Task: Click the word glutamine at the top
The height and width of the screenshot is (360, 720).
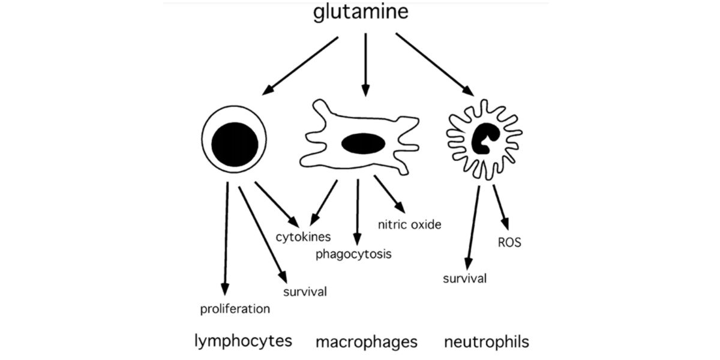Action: (361, 13)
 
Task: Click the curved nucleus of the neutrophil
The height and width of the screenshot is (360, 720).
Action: (484, 139)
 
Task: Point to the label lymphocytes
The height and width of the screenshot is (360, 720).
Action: (243, 341)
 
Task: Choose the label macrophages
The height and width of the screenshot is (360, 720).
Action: (366, 342)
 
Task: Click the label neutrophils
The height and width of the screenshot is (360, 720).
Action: (487, 342)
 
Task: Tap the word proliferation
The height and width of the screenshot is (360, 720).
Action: (235, 310)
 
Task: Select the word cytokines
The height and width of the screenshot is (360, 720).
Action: (303, 236)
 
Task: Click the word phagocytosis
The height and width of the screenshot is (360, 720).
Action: (354, 254)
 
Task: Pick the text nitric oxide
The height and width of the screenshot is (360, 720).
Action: (409, 225)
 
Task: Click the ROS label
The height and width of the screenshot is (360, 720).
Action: (509, 243)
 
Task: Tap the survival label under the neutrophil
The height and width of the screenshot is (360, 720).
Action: (464, 278)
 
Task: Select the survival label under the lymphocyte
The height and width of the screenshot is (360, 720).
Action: (305, 292)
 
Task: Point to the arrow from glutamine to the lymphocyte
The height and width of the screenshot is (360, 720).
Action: (300, 65)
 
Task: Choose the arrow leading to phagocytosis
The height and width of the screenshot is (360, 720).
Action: (358, 210)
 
